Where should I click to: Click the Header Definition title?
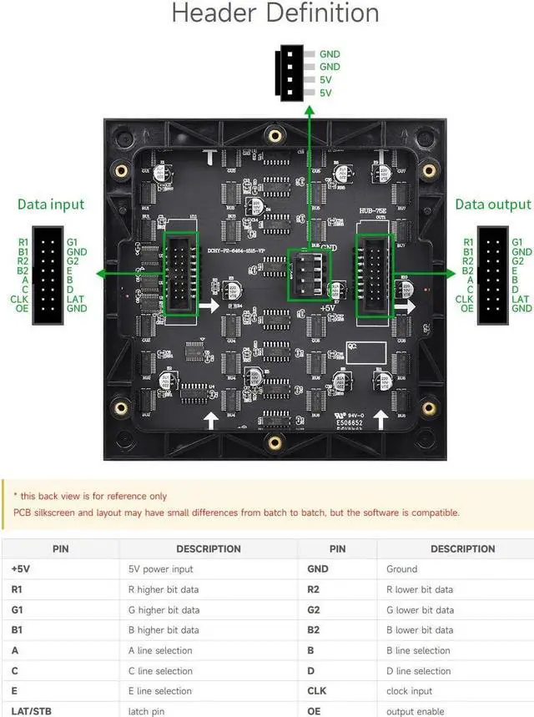tap(275, 14)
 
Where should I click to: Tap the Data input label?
tap(51, 204)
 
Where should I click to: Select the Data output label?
tap(493, 204)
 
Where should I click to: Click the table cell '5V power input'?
tap(161, 569)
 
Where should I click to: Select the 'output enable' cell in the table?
tap(414, 711)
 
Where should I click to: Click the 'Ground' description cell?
tap(401, 569)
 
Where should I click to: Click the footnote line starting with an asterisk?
tap(90, 496)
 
